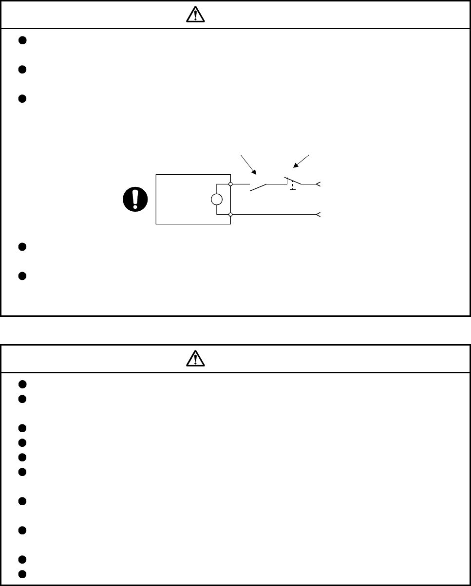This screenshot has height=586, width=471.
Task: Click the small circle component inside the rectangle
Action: (216, 199)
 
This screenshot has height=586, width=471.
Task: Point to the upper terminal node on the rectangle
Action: (230, 184)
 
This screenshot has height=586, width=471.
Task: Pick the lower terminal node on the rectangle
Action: (230, 214)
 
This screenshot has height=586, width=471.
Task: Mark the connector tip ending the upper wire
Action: (318, 184)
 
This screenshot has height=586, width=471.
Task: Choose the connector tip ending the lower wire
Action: (318, 214)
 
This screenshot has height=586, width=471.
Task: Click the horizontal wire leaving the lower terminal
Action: (273, 214)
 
